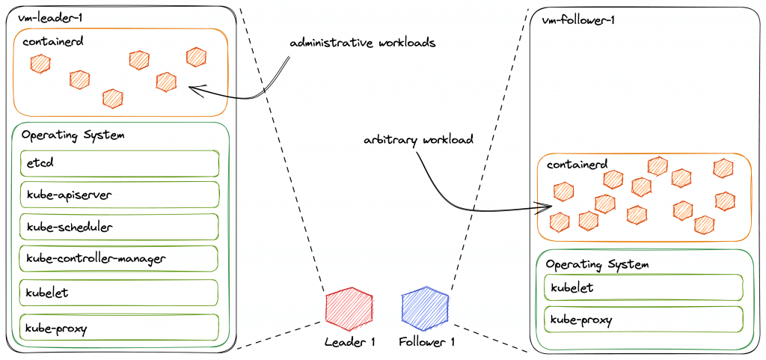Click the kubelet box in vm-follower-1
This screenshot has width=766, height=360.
tap(644, 287)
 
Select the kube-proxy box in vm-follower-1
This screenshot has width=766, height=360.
tap(644, 320)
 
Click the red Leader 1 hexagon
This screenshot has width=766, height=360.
tap(349, 308)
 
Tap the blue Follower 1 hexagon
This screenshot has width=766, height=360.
tap(425, 308)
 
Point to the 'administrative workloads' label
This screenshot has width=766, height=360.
tap(363, 43)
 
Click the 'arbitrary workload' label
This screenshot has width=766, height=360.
tap(418, 140)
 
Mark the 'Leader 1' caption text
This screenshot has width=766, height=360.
tap(349, 342)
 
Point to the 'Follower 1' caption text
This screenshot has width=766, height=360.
tap(426, 342)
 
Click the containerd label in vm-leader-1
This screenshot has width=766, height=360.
tap(53, 40)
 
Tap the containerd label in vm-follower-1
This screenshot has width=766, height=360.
tap(577, 165)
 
